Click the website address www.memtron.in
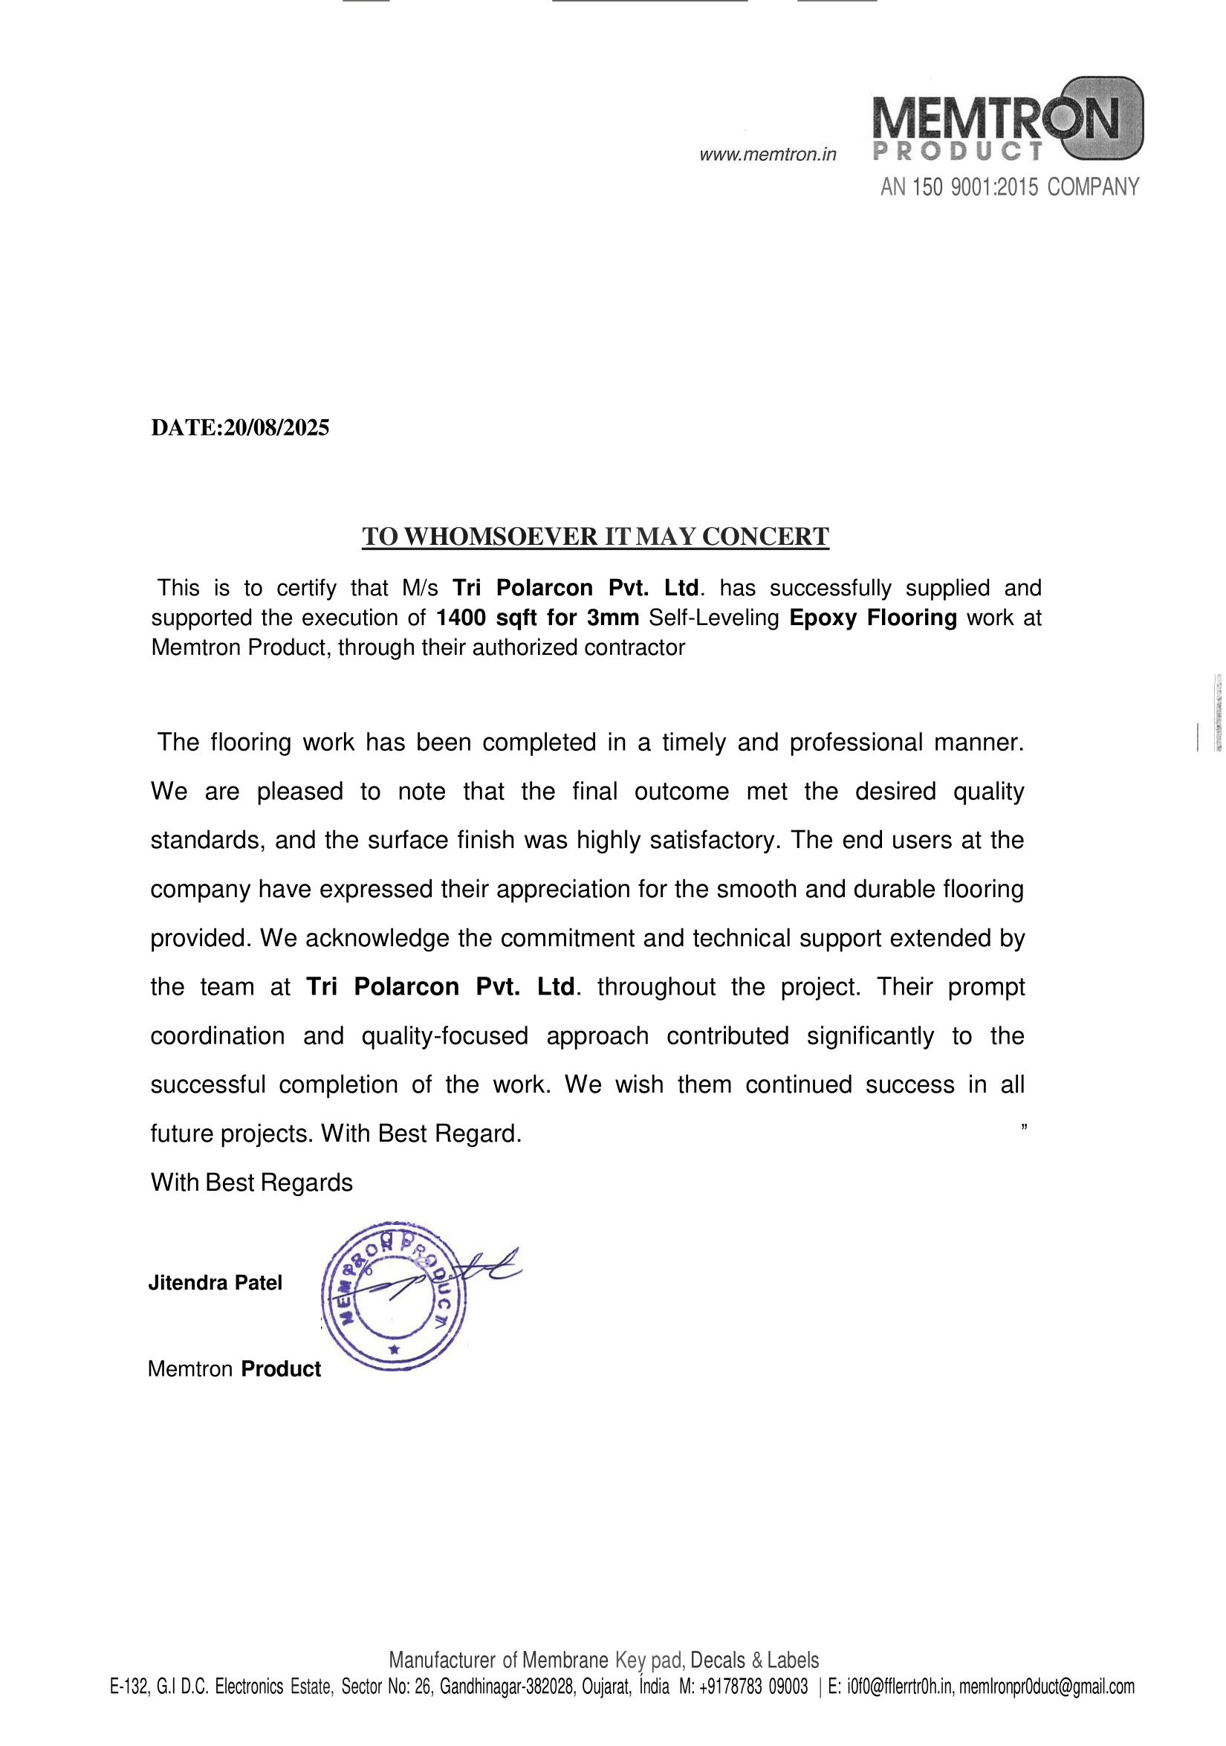point(767,155)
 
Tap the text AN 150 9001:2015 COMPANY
point(1009,187)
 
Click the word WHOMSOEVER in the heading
point(501,537)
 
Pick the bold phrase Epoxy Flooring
point(872,618)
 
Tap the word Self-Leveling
point(714,618)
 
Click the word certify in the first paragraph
point(306,588)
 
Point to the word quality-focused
point(444,1035)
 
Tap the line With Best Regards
point(252,1183)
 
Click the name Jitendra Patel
point(215,1283)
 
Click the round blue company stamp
point(394,1296)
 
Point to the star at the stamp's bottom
point(394,1350)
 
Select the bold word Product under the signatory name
point(280,1369)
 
